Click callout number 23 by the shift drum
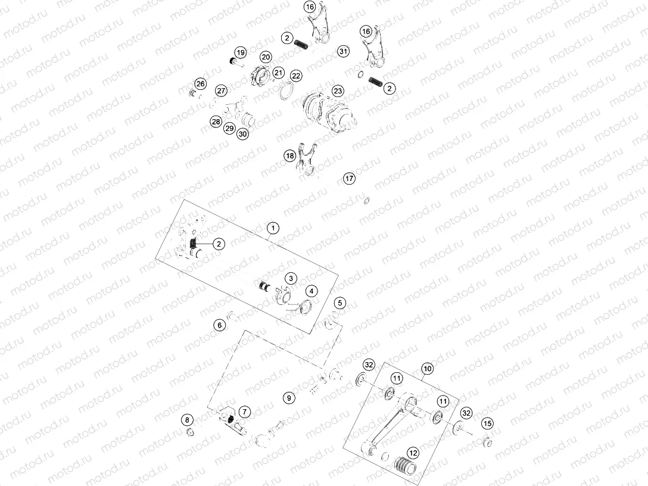click(x=338, y=91)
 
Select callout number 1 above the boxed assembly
click(x=272, y=228)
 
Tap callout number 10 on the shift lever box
click(x=427, y=368)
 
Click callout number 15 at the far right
click(x=488, y=423)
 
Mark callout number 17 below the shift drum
click(x=349, y=178)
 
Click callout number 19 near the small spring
click(x=240, y=53)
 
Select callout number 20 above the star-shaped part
click(x=266, y=57)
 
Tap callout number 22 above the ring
click(x=296, y=76)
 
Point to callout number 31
click(x=342, y=52)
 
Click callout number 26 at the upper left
click(x=200, y=83)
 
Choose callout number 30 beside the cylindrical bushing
click(x=242, y=134)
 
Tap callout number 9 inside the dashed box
click(x=288, y=397)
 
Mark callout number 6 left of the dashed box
click(x=220, y=325)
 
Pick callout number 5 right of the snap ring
click(x=339, y=303)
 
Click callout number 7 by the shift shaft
click(x=244, y=410)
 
